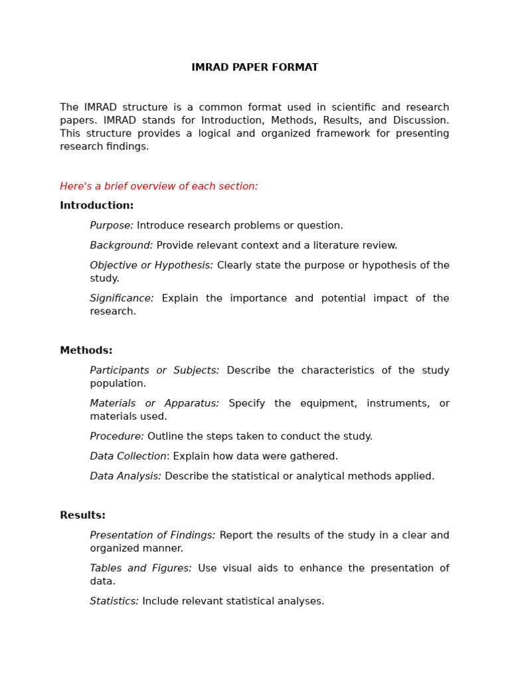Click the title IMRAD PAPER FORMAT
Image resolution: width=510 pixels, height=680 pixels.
(x=254, y=68)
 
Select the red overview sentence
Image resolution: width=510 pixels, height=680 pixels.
(x=159, y=187)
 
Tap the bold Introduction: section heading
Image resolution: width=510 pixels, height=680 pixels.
(x=96, y=206)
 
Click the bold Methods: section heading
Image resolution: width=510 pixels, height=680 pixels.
(x=86, y=351)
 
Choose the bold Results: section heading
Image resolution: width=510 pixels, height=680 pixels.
(x=82, y=515)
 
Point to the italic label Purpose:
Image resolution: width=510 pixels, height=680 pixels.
(x=112, y=226)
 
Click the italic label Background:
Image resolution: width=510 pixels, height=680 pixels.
(x=121, y=246)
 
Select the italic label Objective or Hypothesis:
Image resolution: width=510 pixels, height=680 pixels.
(x=151, y=266)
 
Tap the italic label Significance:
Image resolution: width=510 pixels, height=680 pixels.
(x=122, y=299)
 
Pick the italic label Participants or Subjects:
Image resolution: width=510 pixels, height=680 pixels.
(x=154, y=371)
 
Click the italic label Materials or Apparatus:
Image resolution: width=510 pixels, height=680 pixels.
(x=154, y=404)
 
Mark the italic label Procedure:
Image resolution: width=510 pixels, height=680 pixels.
(x=117, y=437)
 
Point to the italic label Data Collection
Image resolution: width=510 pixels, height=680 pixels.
(x=128, y=457)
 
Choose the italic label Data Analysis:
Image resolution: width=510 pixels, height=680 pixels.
(x=126, y=477)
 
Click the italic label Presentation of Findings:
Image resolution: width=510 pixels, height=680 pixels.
(x=152, y=535)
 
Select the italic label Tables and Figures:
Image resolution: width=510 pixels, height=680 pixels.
(x=141, y=568)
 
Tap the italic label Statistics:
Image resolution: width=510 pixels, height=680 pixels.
(x=114, y=602)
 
